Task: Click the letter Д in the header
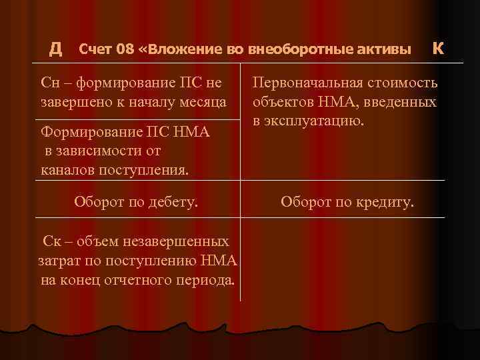tap(56, 48)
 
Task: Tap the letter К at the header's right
tap(437, 48)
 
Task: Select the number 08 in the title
tap(125, 49)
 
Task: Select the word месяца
tap(204, 103)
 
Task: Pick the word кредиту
tap(385, 200)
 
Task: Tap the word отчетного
tap(140, 280)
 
